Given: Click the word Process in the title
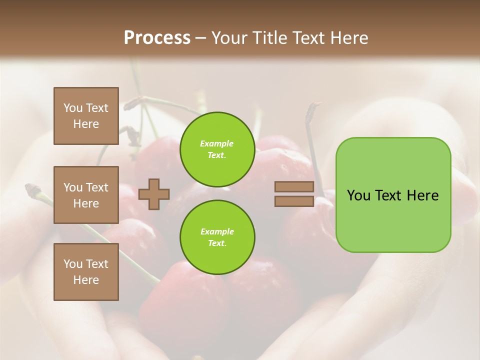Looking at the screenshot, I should [157, 37].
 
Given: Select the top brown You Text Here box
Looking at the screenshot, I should [86, 116].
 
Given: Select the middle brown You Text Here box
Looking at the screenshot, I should [86, 195].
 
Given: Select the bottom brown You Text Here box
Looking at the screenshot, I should [86, 271].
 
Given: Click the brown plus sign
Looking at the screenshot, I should [154, 194].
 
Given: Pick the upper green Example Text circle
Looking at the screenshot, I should [217, 149].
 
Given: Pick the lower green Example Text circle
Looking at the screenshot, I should [217, 237].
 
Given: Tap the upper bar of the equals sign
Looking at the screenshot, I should [294, 187].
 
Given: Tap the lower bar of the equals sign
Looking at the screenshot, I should [294, 201].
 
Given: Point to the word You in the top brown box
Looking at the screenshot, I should [73, 108].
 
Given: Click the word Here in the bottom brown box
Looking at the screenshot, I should [86, 280].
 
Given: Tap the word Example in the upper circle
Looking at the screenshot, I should [217, 143].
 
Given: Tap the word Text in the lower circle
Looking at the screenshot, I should [217, 243].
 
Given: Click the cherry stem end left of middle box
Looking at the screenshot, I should [32, 188].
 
